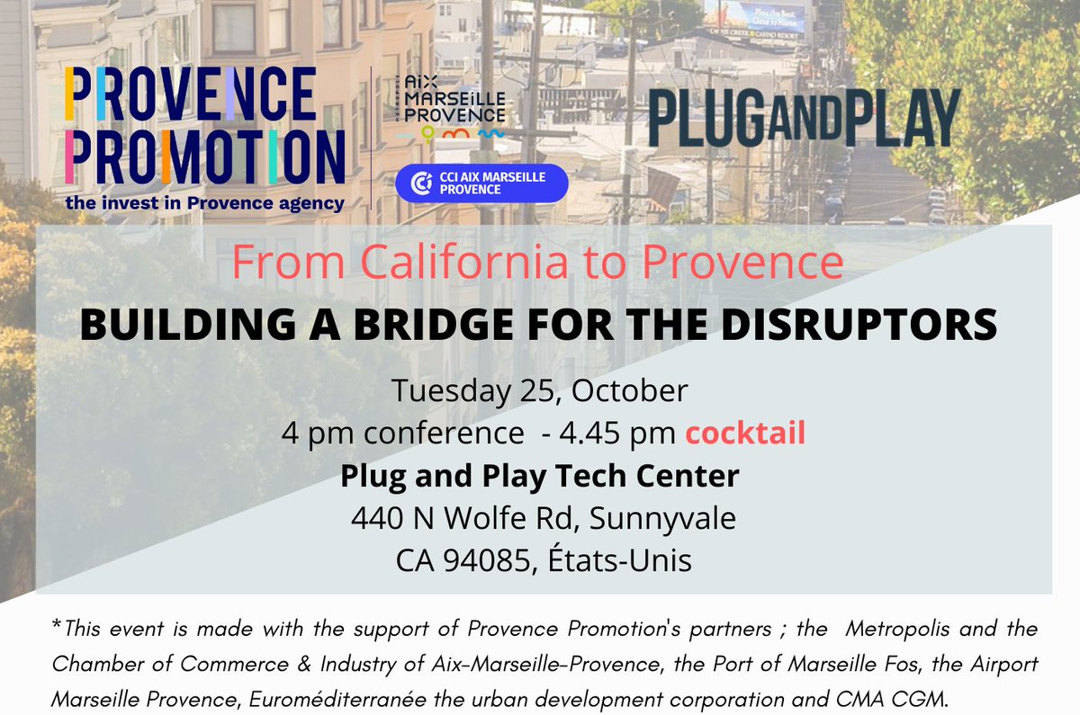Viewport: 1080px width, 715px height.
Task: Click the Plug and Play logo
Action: [804, 118]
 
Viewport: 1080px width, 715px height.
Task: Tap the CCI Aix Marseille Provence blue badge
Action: [481, 183]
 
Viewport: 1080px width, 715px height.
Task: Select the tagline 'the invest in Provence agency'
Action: [204, 203]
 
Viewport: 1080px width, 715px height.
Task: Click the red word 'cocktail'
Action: [745, 433]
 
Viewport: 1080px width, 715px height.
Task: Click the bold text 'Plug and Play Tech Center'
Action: [540, 476]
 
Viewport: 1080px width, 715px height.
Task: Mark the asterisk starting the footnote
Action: [57, 625]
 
